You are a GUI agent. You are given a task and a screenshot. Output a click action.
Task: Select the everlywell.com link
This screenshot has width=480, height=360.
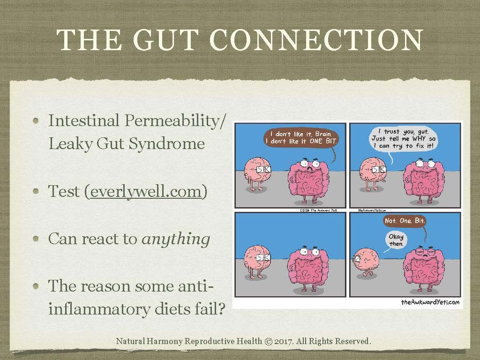pyautogui.click(x=146, y=192)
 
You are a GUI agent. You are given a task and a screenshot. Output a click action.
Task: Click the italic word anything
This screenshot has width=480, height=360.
pyautogui.click(x=176, y=239)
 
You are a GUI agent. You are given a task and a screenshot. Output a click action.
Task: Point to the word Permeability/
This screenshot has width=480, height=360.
pyautogui.click(x=178, y=120)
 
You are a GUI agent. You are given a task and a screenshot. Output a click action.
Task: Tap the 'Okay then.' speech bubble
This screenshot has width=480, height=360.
pyautogui.click(x=396, y=240)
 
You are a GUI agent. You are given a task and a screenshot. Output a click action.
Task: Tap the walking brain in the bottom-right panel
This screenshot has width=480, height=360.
pyautogui.click(x=367, y=263)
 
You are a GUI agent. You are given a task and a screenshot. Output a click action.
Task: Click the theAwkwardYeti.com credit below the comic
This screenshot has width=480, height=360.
pyautogui.click(x=430, y=302)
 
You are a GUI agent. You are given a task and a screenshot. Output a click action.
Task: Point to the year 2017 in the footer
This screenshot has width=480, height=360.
pyautogui.click(x=285, y=341)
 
